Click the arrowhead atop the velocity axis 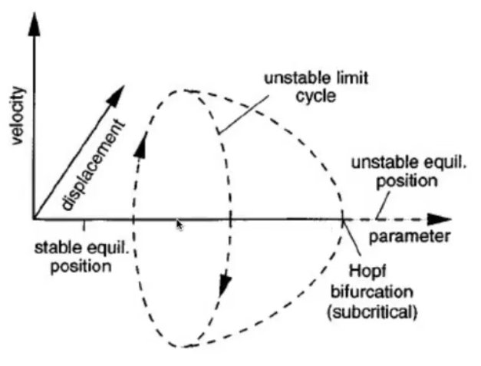click(x=33, y=25)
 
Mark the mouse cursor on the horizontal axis click(x=179, y=225)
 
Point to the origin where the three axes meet click(x=33, y=220)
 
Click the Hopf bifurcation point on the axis click(x=342, y=220)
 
